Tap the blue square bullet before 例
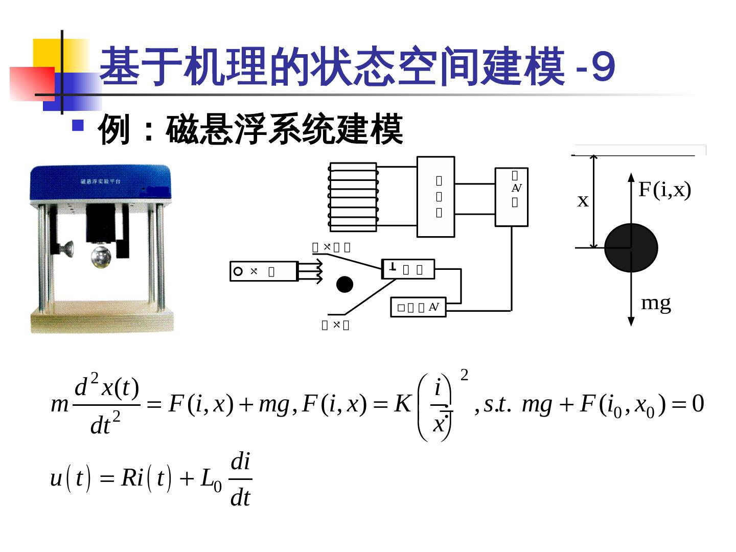[78, 125]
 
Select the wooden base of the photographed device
[102, 319]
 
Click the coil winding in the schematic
[353, 197]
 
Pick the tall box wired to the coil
[435, 197]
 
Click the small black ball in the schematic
[344, 284]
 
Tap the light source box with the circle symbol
[263, 271]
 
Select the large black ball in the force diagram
[631, 248]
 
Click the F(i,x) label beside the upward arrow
[664, 190]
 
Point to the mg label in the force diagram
[656, 303]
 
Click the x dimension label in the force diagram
[583, 201]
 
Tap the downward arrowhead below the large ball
[631, 321]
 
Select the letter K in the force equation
[403, 404]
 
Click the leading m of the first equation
[60, 405]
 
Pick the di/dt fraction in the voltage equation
[240, 479]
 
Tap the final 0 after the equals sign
[698, 404]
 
